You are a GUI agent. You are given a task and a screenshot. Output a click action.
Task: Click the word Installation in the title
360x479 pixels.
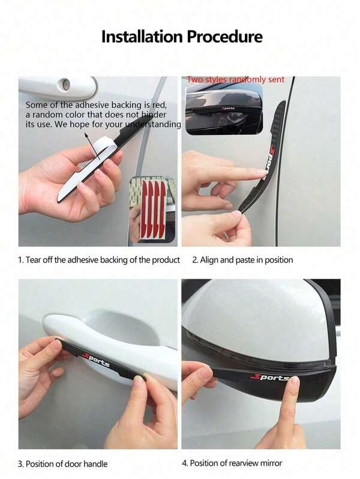(142, 37)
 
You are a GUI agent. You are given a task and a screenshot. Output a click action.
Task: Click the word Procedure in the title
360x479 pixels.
(225, 37)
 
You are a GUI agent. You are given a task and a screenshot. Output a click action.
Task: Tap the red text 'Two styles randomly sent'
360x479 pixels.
(236, 79)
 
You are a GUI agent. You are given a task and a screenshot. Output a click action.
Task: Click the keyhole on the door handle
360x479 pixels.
(66, 84)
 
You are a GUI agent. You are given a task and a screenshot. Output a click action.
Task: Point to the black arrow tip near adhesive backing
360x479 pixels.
(86, 134)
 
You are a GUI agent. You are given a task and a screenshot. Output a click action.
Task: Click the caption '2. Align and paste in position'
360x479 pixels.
(242, 260)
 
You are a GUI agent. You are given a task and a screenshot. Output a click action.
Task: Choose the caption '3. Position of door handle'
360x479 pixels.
(63, 464)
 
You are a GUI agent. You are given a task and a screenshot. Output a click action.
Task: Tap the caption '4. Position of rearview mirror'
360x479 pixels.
(232, 463)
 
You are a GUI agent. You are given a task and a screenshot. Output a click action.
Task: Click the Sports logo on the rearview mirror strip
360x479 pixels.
(270, 377)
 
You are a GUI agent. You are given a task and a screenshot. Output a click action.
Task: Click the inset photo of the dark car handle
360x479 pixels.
(224, 109)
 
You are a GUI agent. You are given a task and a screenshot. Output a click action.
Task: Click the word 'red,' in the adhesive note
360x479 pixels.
(160, 105)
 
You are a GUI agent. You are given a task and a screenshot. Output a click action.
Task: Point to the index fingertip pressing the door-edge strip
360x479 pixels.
(260, 173)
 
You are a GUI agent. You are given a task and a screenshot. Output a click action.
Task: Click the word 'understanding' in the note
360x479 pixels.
(153, 124)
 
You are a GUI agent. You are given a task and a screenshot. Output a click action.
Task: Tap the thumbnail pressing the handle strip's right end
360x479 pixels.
(139, 380)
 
